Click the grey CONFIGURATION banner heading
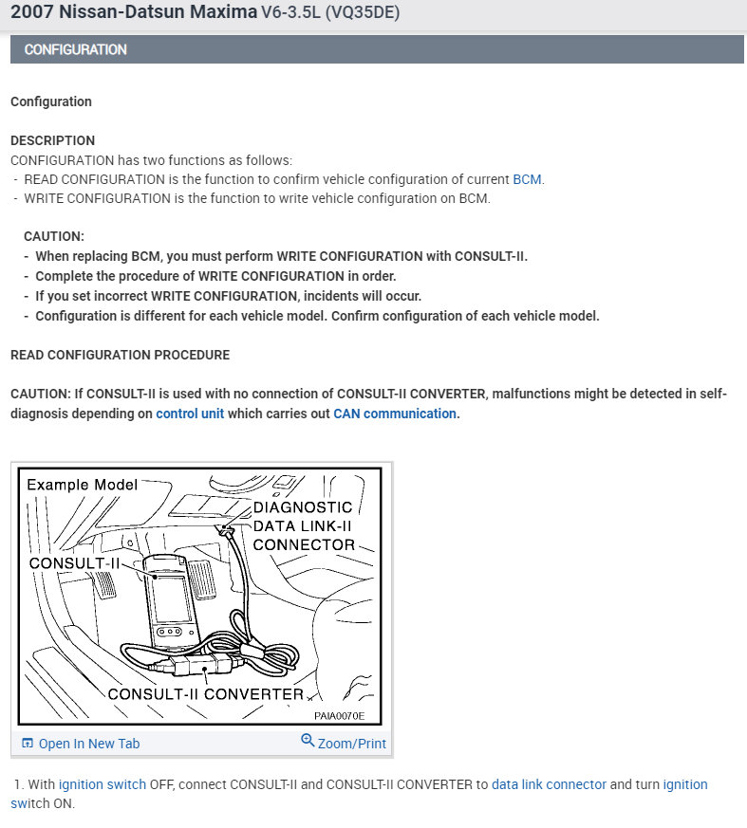pos(76,49)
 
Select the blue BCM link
pos(527,179)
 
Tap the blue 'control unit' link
pos(190,414)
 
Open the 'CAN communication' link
pos(394,414)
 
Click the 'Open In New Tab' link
pos(88,744)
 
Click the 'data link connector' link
pos(549,784)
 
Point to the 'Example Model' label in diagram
pos(82,485)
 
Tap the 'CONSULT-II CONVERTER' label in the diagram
pos(205,694)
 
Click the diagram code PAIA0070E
pos(340,717)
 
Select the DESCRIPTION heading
pos(52,140)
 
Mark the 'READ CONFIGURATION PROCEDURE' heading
pos(120,355)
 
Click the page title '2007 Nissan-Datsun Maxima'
pos(134,12)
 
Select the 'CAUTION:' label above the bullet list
pos(54,236)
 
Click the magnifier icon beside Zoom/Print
pos(308,741)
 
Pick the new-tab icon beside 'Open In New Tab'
pos(28,744)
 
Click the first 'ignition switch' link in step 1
pos(103,784)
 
